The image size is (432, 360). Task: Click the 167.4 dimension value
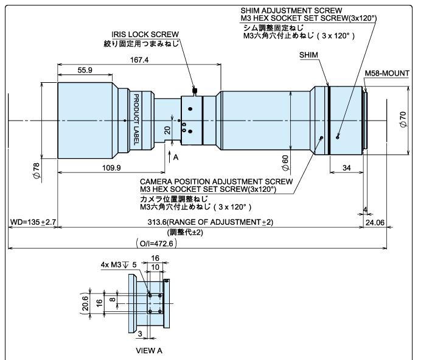click(x=140, y=60)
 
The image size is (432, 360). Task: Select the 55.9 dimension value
click(x=85, y=71)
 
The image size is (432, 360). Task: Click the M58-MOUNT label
click(x=387, y=73)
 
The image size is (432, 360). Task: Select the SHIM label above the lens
click(x=308, y=55)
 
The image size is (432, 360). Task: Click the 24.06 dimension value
click(x=375, y=222)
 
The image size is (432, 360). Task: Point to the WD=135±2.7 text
click(x=33, y=222)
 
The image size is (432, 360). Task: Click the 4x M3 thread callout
click(x=114, y=265)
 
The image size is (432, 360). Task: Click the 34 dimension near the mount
click(x=346, y=168)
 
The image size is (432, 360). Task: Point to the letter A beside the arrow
click(x=176, y=156)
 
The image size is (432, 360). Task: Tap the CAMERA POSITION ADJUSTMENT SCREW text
click(x=216, y=182)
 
